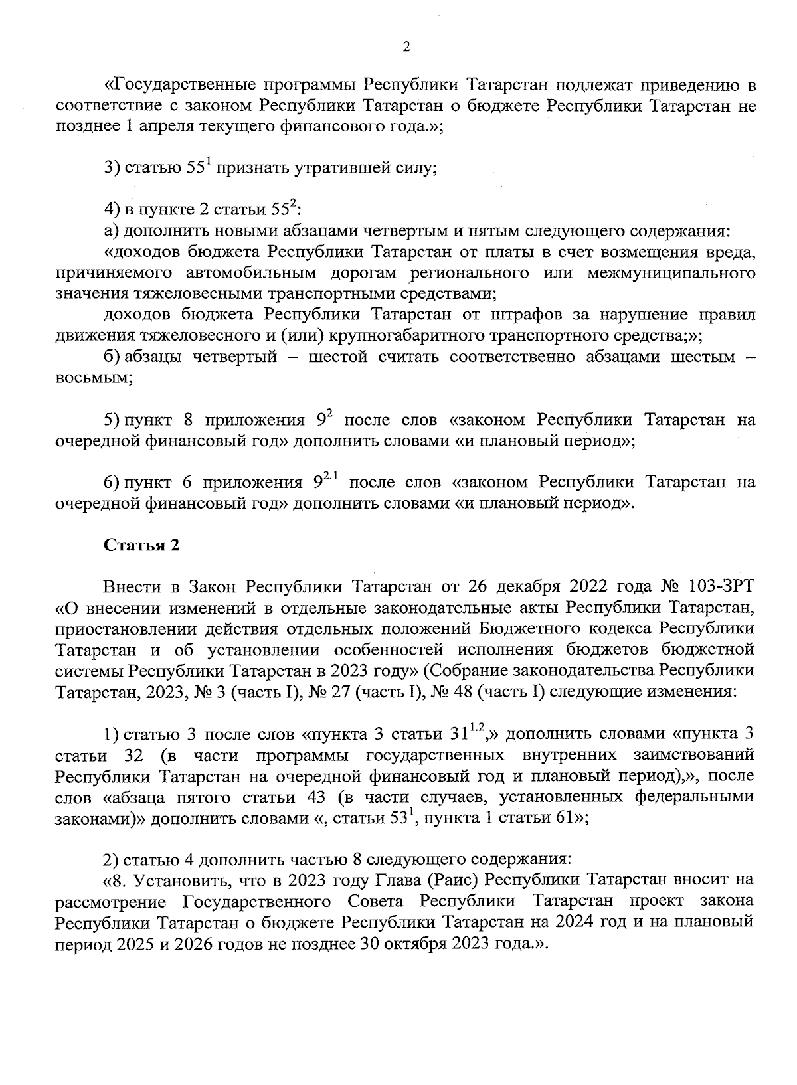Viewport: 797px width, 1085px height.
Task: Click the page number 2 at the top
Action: coord(406,47)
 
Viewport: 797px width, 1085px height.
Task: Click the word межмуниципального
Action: coord(671,273)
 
